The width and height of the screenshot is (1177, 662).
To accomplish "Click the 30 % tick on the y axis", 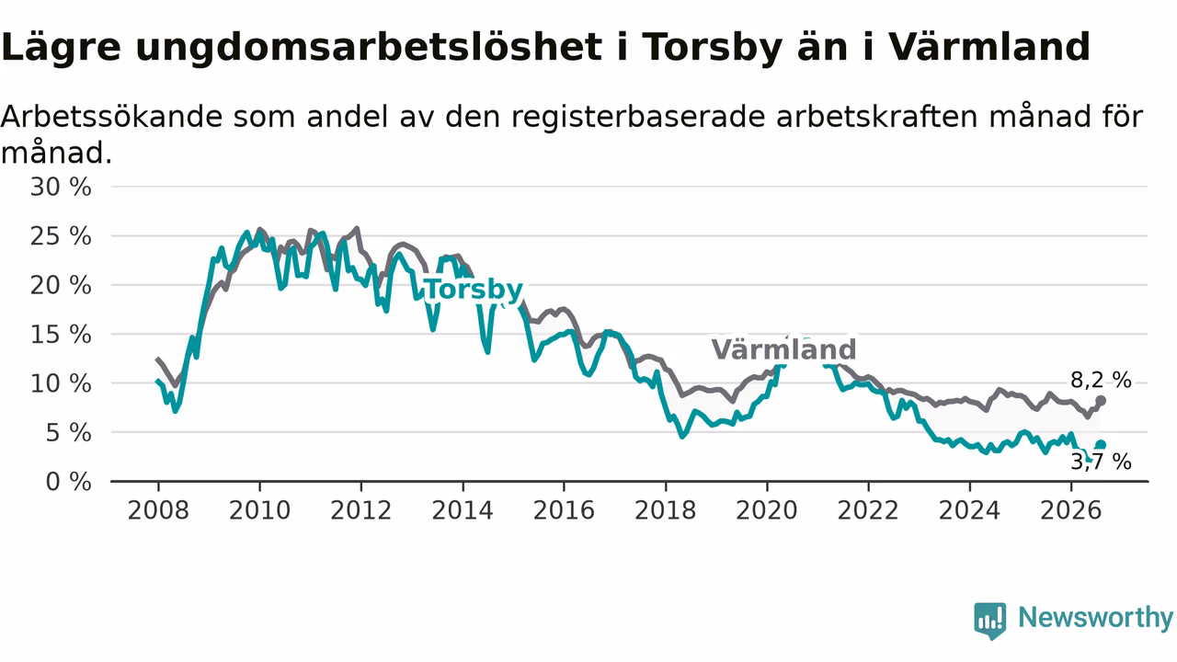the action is tap(61, 187).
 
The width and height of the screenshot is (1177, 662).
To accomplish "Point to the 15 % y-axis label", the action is tap(61, 335).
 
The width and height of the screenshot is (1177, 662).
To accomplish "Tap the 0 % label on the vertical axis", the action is tap(68, 482).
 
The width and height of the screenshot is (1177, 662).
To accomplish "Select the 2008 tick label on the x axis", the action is tap(158, 510).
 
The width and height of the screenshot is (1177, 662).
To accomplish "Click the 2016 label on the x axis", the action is tap(564, 510).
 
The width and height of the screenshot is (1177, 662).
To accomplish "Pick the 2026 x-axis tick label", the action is tap(1071, 510).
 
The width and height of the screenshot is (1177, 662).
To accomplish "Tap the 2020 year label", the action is tap(767, 510).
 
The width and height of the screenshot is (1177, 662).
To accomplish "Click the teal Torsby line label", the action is tap(474, 290).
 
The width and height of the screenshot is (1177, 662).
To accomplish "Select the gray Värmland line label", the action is tap(783, 349).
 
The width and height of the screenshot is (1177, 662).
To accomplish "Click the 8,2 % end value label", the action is tap(1101, 380).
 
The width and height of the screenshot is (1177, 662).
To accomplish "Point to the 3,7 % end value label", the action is tap(1101, 462).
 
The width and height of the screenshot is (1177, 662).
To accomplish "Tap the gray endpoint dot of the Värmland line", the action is tap(1101, 401).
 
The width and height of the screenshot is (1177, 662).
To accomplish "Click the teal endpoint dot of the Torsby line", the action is tap(1101, 445).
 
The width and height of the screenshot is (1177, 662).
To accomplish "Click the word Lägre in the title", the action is tap(61, 48).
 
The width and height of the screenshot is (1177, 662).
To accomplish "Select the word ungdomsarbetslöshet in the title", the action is tap(369, 48).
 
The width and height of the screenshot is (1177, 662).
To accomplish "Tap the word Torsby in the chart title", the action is tap(713, 48).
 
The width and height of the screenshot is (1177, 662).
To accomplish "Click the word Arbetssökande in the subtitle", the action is tap(112, 117).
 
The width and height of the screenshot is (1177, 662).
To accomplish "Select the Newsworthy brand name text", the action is tap(1095, 617).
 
